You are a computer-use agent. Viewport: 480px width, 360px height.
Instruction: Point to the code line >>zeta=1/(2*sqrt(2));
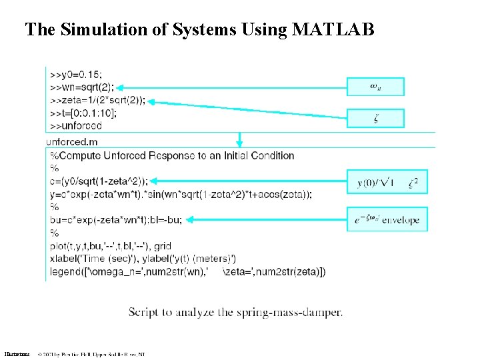coord(97,100)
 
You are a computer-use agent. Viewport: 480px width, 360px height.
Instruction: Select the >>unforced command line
coord(75,125)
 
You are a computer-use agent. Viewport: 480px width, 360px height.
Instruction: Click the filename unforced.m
coord(72,141)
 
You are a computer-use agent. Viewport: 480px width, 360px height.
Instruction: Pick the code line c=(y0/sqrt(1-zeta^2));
coord(99,181)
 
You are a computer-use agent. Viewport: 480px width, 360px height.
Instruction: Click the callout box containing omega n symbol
coord(375,87)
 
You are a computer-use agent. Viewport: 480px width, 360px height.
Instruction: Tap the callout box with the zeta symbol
coord(375,119)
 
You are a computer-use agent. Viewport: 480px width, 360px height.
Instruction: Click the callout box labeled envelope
coord(387,219)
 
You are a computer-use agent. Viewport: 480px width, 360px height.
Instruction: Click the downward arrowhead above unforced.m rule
coord(240,142)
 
